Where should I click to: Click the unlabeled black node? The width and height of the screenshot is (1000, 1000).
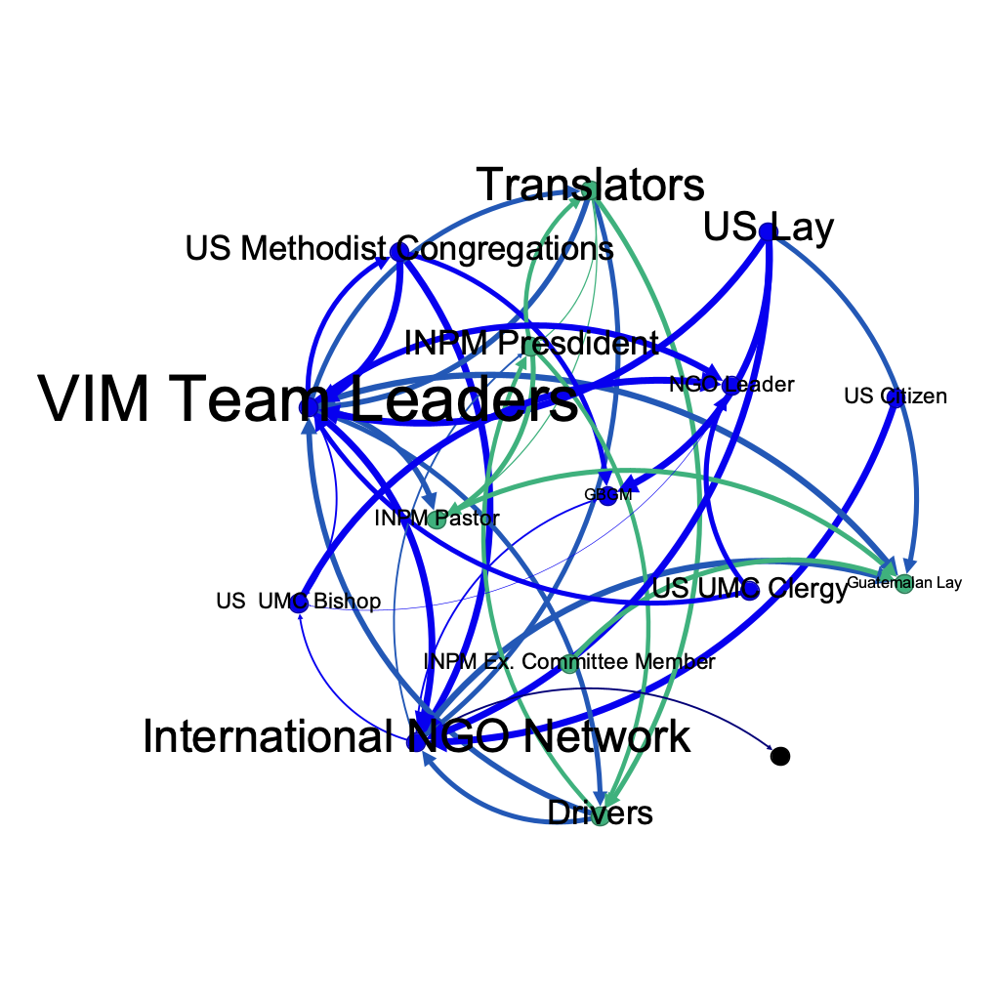click(779, 756)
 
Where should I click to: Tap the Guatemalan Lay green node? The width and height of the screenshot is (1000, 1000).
click(904, 585)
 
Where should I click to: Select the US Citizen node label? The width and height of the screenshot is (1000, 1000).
click(896, 396)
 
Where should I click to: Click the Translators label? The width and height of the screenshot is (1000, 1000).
click(590, 185)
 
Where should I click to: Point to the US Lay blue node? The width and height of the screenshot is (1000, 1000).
click(767, 231)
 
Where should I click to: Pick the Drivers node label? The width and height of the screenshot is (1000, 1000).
click(600, 812)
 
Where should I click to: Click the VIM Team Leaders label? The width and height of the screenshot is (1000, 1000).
click(309, 400)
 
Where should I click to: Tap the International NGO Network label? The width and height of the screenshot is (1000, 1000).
click(416, 736)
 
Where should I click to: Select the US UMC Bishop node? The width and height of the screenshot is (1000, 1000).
click(299, 603)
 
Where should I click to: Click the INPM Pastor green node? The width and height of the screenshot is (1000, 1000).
click(437, 520)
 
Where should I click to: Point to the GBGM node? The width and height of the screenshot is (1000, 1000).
click(608, 495)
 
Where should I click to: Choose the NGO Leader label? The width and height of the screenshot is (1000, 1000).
click(731, 385)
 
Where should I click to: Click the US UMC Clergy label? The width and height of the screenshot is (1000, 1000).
click(749, 590)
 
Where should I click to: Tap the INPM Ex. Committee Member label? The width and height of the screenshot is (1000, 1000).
click(569, 662)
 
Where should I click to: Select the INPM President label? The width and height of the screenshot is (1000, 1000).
click(530, 344)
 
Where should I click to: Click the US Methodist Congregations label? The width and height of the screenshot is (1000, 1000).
click(398, 249)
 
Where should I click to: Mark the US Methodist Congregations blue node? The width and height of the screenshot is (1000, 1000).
click(398, 253)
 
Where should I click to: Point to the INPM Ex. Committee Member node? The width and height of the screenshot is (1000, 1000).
click(569, 665)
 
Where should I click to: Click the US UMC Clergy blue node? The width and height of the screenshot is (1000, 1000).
click(749, 591)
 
